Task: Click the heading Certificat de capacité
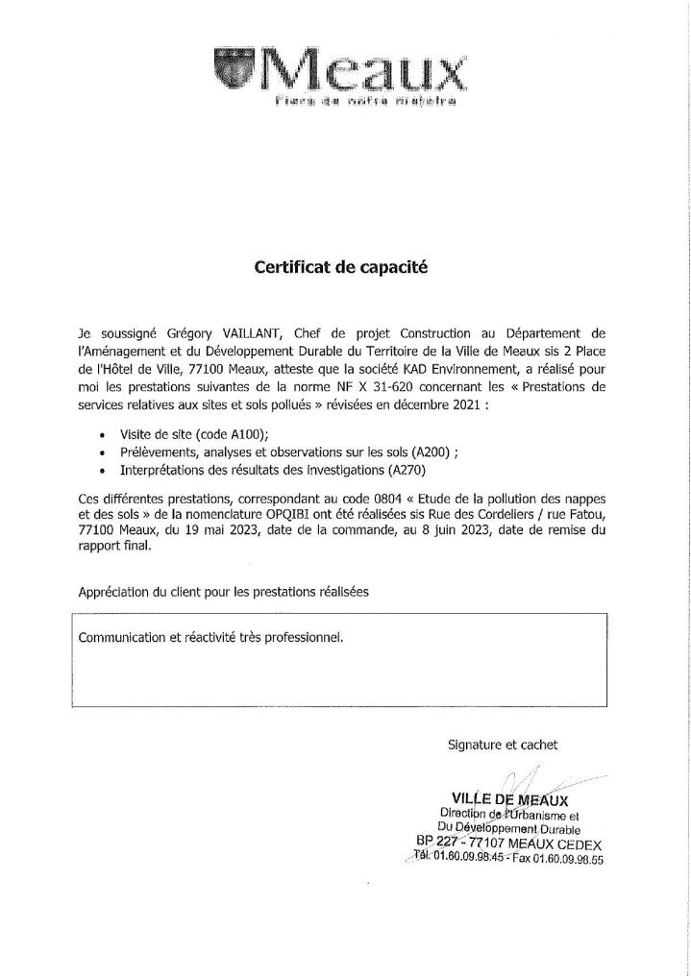click(x=339, y=269)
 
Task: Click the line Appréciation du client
click(x=223, y=591)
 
